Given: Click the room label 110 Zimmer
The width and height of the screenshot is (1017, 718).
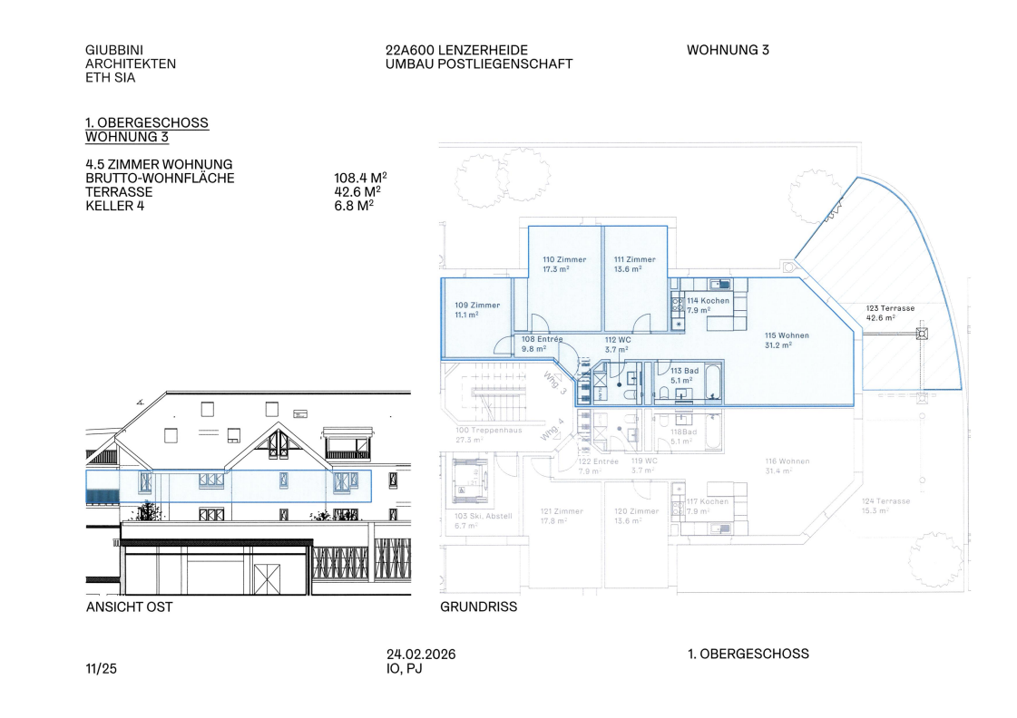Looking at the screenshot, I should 563,260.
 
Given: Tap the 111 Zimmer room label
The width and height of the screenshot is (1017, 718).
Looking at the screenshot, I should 633,260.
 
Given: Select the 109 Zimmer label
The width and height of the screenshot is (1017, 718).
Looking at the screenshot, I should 477,306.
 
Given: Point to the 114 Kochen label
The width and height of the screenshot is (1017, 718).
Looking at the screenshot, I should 708,301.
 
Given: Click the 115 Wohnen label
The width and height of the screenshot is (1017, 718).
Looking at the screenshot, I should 786,335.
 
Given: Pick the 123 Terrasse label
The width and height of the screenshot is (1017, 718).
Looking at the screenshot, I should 889,308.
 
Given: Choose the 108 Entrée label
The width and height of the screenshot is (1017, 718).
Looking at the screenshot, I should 542,339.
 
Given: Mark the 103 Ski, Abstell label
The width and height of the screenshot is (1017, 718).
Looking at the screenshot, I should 483,516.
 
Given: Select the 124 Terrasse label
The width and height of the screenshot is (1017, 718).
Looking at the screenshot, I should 885,501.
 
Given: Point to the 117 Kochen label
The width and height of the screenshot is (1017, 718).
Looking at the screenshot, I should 708,501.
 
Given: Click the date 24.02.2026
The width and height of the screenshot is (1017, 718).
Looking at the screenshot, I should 421,655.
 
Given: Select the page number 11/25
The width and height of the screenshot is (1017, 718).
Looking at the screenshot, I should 101,669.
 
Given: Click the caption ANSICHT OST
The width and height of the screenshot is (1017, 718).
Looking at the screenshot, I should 129,607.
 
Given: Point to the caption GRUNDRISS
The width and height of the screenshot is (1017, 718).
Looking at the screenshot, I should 478,607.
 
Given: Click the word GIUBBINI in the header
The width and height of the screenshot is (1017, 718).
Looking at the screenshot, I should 114,50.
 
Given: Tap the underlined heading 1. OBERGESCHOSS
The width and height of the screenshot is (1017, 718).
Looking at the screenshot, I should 146,122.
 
